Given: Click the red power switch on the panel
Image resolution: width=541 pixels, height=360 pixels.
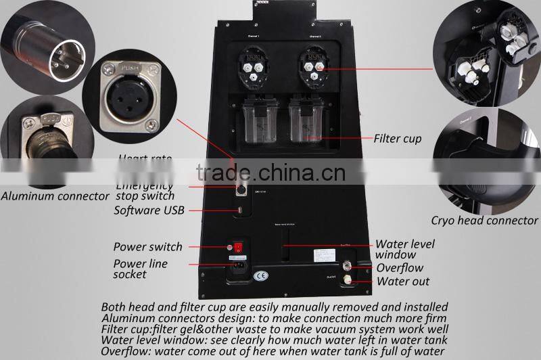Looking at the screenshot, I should [237, 248].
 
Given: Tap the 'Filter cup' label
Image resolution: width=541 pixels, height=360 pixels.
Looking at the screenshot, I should [398, 139].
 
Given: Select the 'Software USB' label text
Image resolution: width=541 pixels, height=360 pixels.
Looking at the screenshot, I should [149, 210].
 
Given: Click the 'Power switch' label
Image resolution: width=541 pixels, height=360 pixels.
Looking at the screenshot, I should [147, 247].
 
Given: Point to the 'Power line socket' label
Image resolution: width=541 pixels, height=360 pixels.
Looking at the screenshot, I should [141, 269].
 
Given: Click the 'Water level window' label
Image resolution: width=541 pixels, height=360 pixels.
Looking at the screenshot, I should [404, 250].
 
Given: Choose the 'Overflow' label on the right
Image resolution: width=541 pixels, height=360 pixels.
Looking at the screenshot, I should [400, 268].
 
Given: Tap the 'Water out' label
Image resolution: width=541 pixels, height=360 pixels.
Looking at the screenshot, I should [403, 282].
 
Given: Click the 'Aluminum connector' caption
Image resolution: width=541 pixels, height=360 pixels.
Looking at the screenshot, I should [55, 196].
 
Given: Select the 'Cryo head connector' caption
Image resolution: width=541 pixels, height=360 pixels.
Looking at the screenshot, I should [484, 220].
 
